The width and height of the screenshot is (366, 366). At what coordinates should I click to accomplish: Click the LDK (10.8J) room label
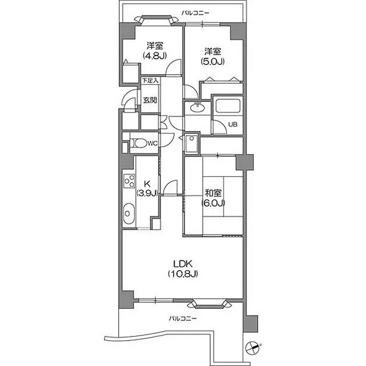click(x=183, y=269)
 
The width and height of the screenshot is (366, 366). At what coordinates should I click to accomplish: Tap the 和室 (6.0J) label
click(x=213, y=198)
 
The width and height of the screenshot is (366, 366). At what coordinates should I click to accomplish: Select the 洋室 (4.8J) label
click(x=155, y=50)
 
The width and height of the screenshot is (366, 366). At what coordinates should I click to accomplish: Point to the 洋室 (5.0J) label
click(x=213, y=56)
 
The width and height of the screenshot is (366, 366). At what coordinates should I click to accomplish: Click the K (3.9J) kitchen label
click(x=147, y=188)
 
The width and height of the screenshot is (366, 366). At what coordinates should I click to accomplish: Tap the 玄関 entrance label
click(x=150, y=100)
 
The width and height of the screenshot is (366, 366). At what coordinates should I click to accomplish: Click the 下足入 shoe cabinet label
click(x=150, y=81)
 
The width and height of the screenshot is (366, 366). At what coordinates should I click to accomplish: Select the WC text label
click(x=153, y=143)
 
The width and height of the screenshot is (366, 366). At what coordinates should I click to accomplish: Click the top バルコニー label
click(x=195, y=12)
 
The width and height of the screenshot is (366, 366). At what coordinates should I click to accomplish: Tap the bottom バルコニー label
click(x=183, y=318)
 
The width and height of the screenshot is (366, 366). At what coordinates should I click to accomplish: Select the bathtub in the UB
click(x=228, y=106)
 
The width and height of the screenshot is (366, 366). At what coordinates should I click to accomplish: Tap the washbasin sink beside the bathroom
click(x=198, y=107)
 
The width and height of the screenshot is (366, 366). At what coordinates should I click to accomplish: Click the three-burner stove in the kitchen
click(x=129, y=181)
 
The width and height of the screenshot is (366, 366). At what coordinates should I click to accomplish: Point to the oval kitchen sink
click(x=129, y=214)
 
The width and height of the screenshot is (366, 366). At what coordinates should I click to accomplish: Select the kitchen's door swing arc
click(x=170, y=187)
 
